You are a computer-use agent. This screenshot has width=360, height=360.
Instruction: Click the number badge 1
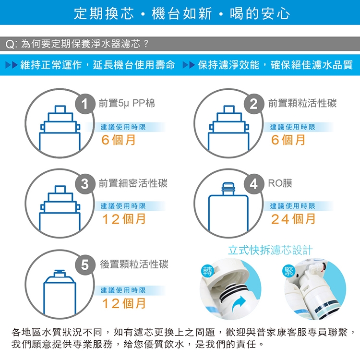tap(85, 104)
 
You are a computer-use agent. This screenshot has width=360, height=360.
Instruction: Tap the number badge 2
tap(254, 104)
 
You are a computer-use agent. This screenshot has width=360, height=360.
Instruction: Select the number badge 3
tap(85, 184)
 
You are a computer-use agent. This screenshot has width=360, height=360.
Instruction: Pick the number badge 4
tap(254, 184)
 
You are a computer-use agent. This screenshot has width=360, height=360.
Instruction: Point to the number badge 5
tap(85, 265)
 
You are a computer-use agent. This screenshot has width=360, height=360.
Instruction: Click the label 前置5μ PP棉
tap(127, 103)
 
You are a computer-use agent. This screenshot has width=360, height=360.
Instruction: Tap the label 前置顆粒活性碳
tap(302, 103)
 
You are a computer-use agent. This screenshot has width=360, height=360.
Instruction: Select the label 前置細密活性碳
tap(133, 183)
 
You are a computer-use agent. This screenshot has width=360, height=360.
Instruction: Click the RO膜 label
tap(280, 183)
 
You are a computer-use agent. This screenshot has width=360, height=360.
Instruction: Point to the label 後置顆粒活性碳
tap(134, 264)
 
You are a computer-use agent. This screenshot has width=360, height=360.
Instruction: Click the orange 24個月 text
tap(293, 219)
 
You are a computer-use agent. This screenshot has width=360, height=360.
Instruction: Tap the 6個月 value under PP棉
tap(118, 140)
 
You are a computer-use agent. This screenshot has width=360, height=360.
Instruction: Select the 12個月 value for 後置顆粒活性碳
tap(124, 303)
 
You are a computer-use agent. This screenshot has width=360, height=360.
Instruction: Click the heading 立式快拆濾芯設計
tap(270, 250)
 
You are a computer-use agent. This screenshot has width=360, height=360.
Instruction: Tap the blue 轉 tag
tap(207, 271)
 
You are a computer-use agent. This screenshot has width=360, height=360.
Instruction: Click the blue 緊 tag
tap(289, 271)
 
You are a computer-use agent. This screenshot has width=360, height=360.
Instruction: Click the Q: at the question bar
tap(12, 44)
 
